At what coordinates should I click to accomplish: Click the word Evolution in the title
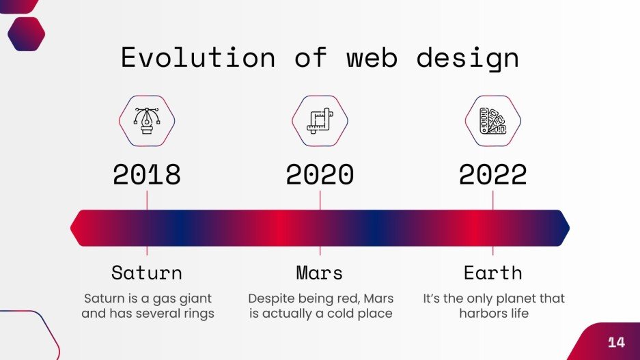pos(197,57)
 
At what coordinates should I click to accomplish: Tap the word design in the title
pos(467,59)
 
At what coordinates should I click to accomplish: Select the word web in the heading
pos(372,57)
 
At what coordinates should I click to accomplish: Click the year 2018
pos(147,175)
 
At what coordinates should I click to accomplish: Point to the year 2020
pos(320,175)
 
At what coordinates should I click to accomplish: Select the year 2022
pos(492,175)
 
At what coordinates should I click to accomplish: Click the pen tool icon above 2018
pos(147,121)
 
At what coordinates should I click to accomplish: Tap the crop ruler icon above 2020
pos(320,121)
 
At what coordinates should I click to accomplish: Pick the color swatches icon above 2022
pos(492,121)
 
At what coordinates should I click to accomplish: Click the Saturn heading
pos(147,273)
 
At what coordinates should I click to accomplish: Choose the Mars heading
pos(320,273)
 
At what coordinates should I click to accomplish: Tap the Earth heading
pos(492,273)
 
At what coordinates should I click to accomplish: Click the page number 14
pos(616,342)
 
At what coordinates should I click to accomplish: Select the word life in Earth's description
pos(517,314)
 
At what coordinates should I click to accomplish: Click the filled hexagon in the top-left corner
pos(26,33)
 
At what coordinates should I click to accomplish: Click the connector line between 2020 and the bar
pos(320,200)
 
